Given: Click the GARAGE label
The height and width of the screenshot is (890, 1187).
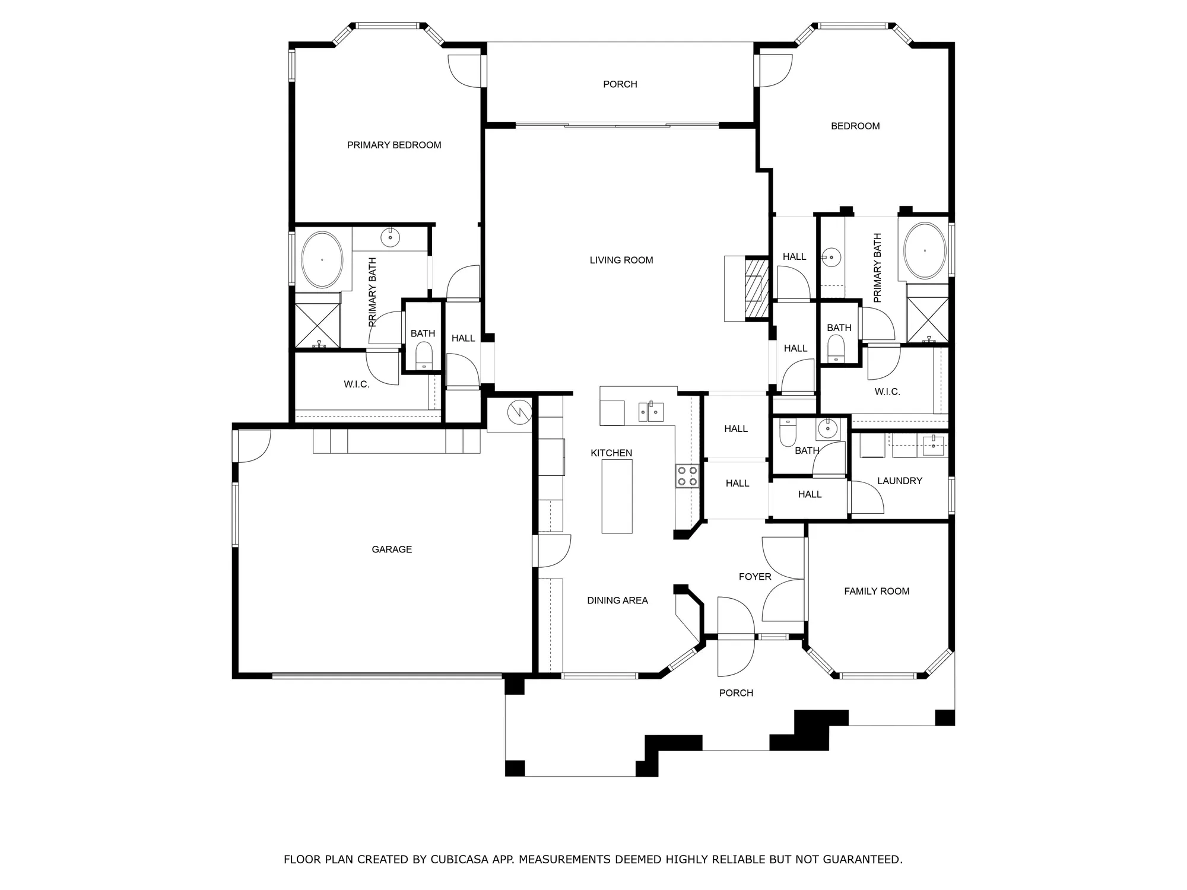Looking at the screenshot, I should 392,549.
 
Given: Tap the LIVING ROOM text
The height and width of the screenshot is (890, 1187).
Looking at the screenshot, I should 621,260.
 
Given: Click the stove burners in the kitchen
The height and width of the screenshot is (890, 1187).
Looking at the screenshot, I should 687,476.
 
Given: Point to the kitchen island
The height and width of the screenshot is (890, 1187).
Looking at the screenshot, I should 617,496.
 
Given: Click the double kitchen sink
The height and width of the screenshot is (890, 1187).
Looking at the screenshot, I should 650,412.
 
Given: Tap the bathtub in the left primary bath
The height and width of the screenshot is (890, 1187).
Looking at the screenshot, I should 322,260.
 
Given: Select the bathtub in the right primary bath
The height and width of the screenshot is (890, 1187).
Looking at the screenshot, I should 925,251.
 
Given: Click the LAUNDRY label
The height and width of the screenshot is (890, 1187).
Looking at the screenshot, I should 899,481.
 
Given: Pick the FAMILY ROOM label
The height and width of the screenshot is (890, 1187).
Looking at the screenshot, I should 877,591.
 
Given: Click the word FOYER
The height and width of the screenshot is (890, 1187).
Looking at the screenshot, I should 755,577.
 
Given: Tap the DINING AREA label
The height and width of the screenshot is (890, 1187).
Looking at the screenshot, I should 617,600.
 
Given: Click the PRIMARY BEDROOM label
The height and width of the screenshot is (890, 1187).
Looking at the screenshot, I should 394,145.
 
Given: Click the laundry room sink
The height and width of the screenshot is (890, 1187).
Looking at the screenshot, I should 933,445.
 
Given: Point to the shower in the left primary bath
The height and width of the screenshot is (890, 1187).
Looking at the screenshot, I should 318,325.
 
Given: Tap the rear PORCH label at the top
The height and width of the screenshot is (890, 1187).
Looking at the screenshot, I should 620,84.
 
